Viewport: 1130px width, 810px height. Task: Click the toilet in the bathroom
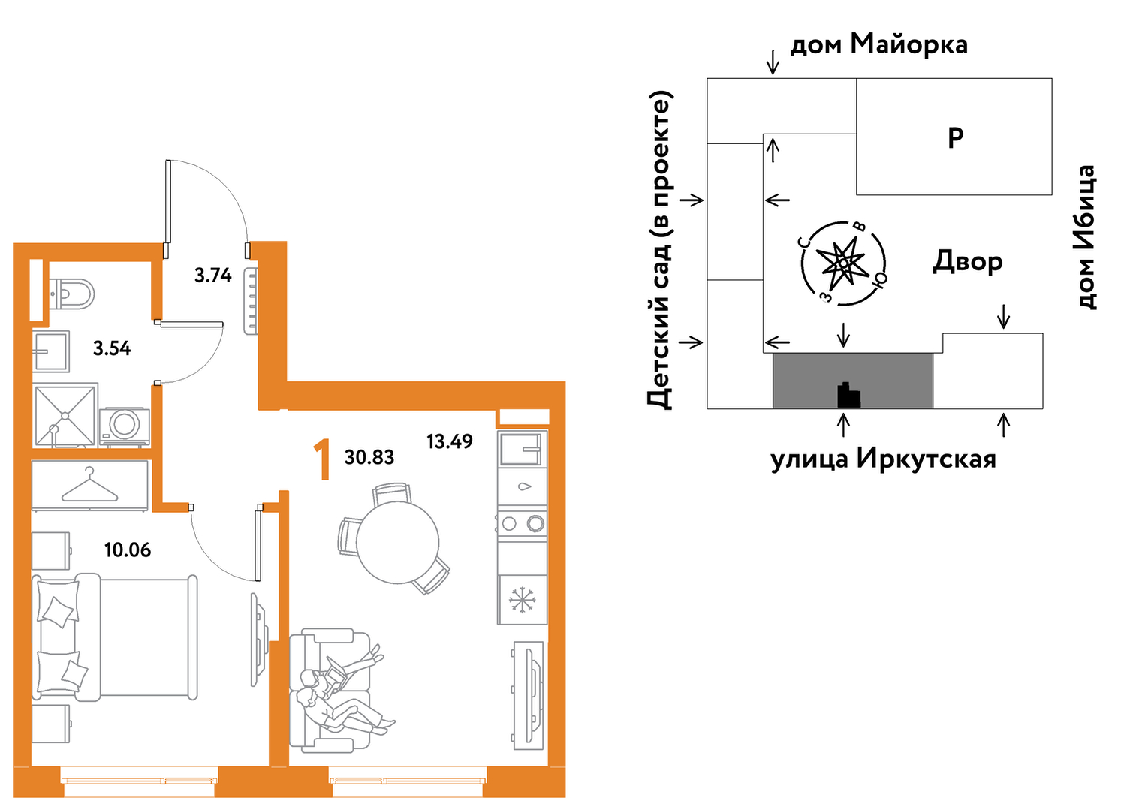point(74,294)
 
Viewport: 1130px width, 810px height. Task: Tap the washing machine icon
point(125,426)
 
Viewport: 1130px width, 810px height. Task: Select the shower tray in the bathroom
point(65,416)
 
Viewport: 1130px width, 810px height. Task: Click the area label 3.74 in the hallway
point(213,276)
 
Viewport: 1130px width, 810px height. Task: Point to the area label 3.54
point(112,348)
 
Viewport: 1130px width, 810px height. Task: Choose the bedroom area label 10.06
point(128,550)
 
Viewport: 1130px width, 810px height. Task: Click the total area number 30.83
point(369,457)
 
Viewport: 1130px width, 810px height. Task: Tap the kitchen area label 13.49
point(450,441)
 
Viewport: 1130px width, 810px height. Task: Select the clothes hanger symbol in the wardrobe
point(90,485)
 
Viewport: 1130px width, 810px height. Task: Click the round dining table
point(397,543)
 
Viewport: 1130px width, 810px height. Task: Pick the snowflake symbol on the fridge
point(522,601)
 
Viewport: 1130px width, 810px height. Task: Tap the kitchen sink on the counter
point(522,448)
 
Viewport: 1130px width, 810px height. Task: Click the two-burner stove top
point(522,523)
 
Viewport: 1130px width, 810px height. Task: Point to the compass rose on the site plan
point(843,263)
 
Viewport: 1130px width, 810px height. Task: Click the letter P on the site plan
point(956,137)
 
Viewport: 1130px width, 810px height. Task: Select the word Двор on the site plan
point(967,262)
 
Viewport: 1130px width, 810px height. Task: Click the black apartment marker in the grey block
point(848,395)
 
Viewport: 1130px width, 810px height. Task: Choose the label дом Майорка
point(878,45)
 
